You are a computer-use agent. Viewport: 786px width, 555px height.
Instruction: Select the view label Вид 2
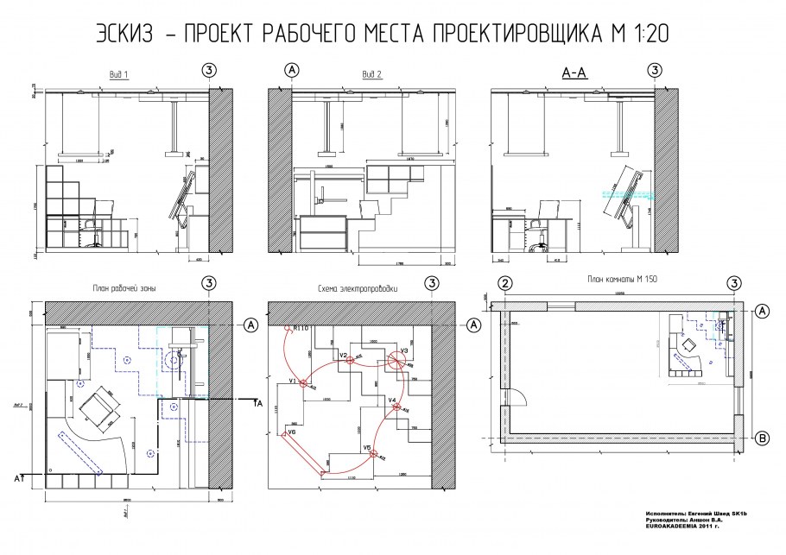tap(372, 73)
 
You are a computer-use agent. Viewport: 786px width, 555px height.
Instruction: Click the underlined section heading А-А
tap(574, 73)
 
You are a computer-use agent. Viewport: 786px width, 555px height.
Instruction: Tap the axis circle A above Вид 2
tap(291, 69)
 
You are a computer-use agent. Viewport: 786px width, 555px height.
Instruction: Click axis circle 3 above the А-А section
tap(656, 69)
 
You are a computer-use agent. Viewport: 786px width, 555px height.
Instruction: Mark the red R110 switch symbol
tap(288, 329)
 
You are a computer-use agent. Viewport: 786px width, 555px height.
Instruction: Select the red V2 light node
tap(351, 360)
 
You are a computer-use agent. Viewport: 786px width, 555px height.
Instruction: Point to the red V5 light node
tap(372, 454)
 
